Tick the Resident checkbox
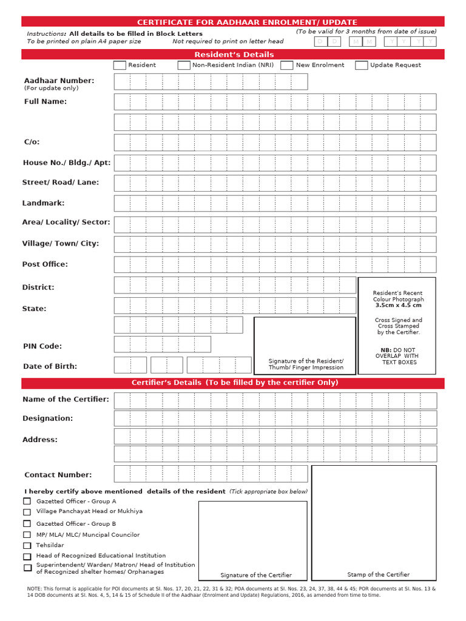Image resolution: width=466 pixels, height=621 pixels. click(120, 65)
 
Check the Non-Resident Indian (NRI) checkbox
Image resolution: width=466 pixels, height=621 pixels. click(184, 65)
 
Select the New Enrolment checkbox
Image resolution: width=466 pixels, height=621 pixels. click(287, 65)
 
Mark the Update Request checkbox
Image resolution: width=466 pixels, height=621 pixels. click(361, 65)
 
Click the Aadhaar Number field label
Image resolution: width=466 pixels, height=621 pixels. click(59, 81)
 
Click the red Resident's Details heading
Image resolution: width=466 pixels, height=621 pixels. click(234, 55)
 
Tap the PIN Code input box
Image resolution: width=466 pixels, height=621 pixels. click(163, 344)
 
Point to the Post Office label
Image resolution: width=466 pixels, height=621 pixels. click(45, 264)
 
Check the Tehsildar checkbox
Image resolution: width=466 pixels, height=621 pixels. click(27, 546)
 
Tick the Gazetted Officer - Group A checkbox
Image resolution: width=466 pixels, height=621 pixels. click(27, 502)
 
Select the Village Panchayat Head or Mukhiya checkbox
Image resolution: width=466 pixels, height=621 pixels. click(27, 512)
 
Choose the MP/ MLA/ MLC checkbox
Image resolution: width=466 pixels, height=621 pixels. click(27, 535)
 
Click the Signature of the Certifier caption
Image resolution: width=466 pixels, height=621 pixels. click(255, 575)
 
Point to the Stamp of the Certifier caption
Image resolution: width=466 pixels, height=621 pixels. click(378, 574)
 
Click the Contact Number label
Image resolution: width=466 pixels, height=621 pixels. click(58, 475)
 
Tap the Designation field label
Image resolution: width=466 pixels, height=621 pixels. click(47, 418)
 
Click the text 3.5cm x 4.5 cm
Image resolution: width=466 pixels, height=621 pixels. click(398, 306)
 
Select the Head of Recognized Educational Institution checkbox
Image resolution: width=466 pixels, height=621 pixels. click(27, 556)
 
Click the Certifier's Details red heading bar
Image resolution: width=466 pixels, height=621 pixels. click(234, 383)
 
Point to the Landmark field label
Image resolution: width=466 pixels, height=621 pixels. click(43, 203)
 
